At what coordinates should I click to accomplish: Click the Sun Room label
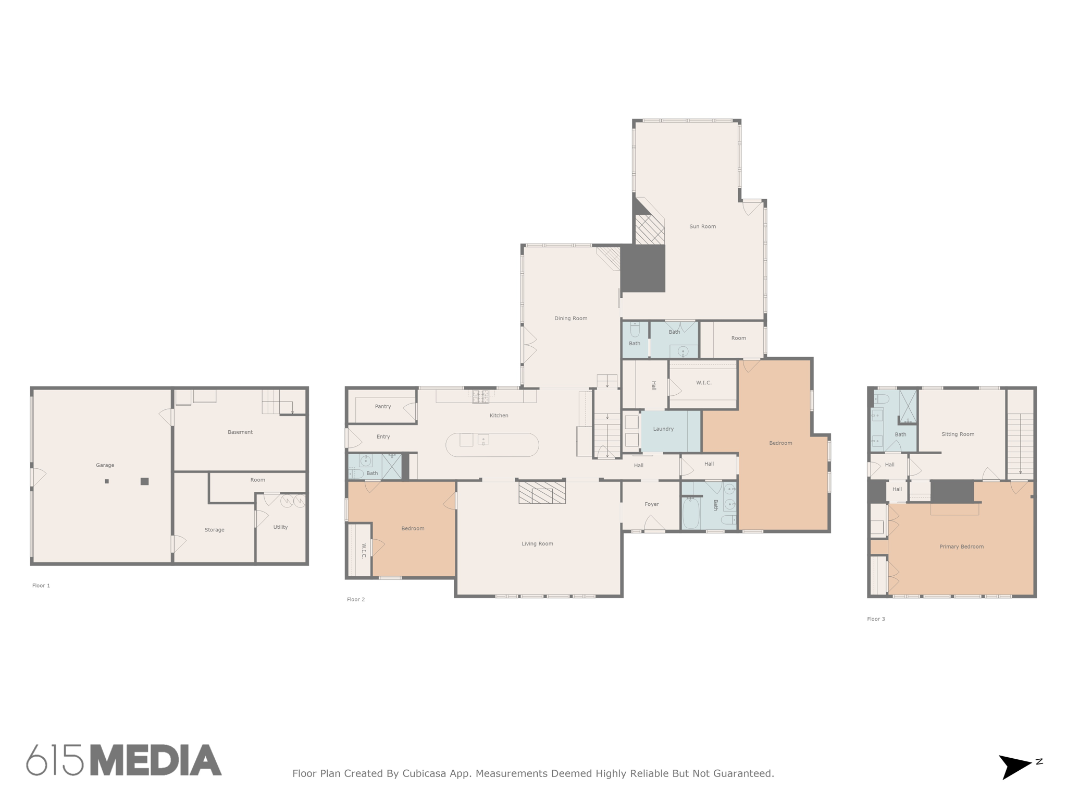(702, 226)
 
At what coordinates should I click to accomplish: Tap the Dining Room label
(570, 318)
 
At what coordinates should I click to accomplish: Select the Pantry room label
(383, 406)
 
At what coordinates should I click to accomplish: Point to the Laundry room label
(663, 429)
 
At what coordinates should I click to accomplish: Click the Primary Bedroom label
(961, 547)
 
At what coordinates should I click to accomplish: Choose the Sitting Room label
(958, 434)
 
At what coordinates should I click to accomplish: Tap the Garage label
(105, 465)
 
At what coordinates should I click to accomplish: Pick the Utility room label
(280, 527)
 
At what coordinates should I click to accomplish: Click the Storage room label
(214, 529)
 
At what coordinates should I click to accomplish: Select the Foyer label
(651, 504)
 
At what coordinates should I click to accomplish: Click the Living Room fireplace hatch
(542, 492)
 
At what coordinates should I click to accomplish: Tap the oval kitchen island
(492, 445)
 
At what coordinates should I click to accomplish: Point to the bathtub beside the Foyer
(690, 513)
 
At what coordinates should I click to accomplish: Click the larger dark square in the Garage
(145, 481)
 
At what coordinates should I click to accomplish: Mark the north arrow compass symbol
(1016, 766)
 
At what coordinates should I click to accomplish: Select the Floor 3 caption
(876, 619)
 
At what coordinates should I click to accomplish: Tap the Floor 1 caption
(41, 586)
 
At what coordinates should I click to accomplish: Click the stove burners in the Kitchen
(480, 396)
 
